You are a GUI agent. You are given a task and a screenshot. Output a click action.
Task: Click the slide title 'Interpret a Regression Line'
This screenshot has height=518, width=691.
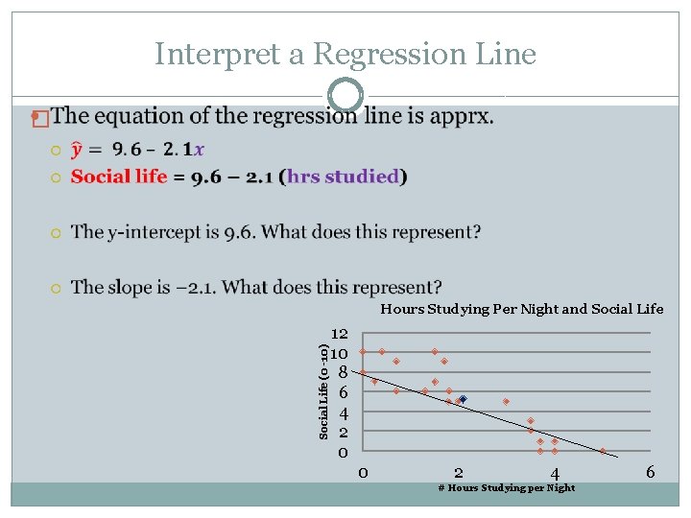(345, 54)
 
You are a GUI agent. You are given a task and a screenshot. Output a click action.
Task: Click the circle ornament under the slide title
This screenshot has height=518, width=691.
(345, 95)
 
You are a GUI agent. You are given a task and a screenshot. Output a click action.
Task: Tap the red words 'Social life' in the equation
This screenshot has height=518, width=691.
(119, 177)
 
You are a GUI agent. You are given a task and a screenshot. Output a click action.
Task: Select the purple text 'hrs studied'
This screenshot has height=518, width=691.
(343, 177)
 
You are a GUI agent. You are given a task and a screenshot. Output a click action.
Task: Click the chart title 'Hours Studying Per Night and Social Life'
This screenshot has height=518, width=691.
(521, 309)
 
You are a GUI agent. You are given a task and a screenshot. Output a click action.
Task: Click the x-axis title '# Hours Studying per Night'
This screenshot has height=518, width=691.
(506, 488)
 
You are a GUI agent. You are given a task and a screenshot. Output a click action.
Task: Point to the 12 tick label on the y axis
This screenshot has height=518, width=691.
(339, 334)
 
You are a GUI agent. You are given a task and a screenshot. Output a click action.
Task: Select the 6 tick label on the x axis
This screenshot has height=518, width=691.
(650, 472)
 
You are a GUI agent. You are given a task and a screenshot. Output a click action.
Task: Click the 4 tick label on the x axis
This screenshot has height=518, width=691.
(555, 472)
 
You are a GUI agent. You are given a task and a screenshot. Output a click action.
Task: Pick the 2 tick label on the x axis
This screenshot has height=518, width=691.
(459, 472)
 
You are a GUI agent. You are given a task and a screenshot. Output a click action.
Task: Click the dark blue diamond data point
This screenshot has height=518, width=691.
(463, 399)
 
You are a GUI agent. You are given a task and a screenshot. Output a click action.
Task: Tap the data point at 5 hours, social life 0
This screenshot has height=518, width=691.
(603, 451)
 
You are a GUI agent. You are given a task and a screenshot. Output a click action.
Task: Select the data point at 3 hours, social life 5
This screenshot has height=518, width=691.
(506, 401)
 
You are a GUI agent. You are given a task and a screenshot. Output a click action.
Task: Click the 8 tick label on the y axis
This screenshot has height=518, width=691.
(343, 373)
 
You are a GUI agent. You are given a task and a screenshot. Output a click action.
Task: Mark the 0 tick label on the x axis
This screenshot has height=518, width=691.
(363, 472)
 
